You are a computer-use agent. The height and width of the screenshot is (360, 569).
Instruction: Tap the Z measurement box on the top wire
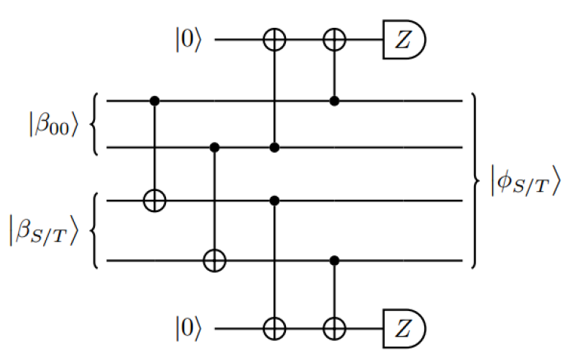pyautogui.click(x=403, y=40)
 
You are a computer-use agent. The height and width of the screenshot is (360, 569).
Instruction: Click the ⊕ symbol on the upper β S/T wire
pyautogui.click(x=154, y=200)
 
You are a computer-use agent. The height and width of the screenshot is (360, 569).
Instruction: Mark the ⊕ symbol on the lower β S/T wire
pyautogui.click(x=214, y=260)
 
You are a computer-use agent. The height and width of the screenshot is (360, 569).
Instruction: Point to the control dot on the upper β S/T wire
pyautogui.click(x=274, y=200)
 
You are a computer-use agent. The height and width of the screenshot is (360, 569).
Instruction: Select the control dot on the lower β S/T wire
pyautogui.click(x=334, y=260)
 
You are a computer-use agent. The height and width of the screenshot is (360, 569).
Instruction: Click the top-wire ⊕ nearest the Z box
pyautogui.click(x=334, y=41)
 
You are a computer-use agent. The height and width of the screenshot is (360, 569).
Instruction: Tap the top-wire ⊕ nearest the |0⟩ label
pyautogui.click(x=274, y=41)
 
